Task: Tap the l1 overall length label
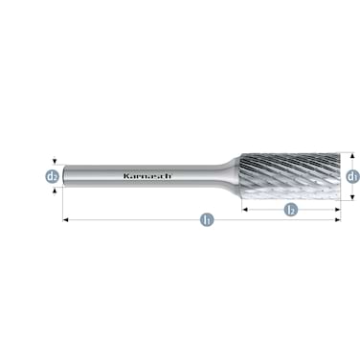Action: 206,220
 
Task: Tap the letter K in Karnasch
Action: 125,175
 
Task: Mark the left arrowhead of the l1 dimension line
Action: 66,220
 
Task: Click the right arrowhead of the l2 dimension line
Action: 337,208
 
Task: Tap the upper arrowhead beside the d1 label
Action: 351,154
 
